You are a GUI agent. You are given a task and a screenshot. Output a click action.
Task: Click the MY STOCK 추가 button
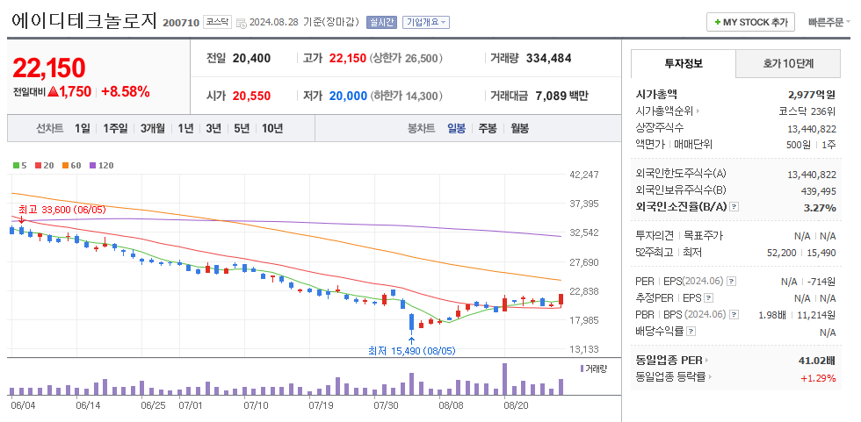tap(751, 22)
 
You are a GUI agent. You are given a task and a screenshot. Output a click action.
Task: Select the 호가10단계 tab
tap(787, 63)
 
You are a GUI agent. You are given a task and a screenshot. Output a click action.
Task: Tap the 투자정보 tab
tap(684, 63)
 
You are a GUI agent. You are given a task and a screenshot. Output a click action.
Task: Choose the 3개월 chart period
tap(154, 128)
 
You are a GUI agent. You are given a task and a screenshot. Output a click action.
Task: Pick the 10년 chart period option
tap(272, 128)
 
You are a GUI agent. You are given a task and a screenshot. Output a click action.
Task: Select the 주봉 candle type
tap(488, 128)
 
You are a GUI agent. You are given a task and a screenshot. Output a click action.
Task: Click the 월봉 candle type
tap(519, 128)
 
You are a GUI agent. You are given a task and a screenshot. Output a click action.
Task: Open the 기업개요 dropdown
tap(426, 22)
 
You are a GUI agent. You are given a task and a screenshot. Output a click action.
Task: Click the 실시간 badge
tap(381, 22)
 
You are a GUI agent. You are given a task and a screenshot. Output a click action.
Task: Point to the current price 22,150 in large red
tap(49, 68)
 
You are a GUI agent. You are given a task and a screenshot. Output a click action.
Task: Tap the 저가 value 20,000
tap(348, 96)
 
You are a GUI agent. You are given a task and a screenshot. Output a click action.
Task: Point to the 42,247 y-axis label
tap(584, 175)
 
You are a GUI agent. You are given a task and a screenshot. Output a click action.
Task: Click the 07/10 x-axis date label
tap(256, 405)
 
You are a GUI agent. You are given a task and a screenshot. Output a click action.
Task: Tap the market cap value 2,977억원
tap(812, 94)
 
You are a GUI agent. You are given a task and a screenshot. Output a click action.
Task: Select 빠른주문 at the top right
tap(829, 22)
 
